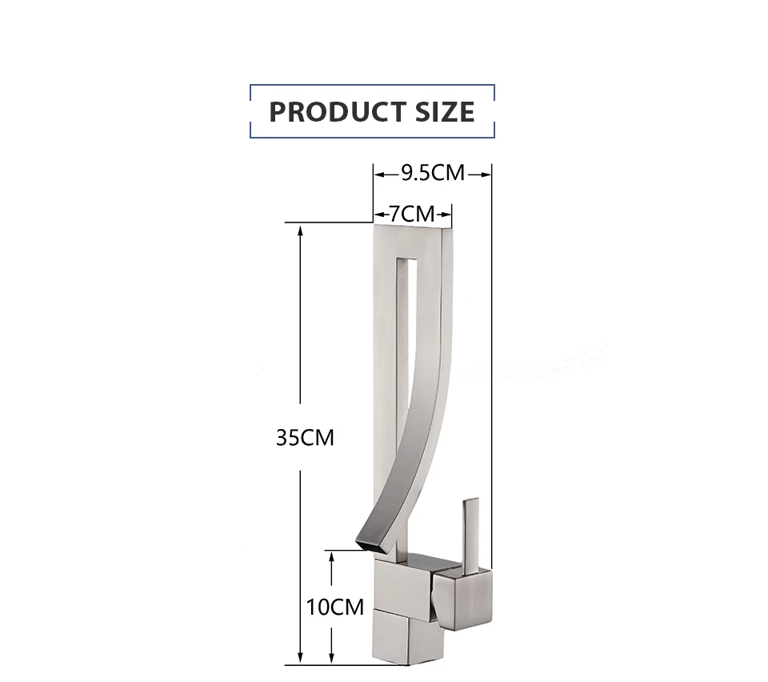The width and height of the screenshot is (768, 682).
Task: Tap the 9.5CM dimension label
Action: pyautogui.click(x=433, y=173)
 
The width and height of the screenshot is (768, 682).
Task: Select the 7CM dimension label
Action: pyautogui.click(x=412, y=214)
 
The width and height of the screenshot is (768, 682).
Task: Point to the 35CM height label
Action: pyautogui.click(x=305, y=438)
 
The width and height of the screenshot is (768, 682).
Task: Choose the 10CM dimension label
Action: pyautogui.click(x=335, y=607)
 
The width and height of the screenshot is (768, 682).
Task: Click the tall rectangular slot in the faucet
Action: pyautogui.click(x=407, y=333)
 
